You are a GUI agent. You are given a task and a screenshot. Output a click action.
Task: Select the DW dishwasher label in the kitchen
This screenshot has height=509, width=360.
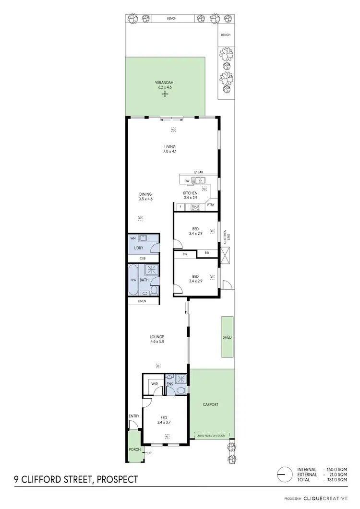[x=186, y=181]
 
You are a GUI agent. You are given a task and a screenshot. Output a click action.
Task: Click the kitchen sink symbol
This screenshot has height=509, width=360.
[x=198, y=180]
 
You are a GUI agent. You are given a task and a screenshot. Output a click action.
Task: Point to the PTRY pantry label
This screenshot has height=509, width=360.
[x=211, y=205]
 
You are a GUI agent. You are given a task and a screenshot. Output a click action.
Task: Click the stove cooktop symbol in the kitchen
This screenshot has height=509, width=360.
[x=196, y=207]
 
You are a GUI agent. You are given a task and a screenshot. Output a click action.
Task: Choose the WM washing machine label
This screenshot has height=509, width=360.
[x=133, y=238]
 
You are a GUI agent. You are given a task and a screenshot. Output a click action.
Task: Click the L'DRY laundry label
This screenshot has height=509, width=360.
[x=138, y=248]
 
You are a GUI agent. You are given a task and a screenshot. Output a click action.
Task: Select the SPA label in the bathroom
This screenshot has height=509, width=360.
[x=133, y=280]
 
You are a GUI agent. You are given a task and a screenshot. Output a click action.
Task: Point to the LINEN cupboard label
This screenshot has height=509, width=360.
[x=142, y=301]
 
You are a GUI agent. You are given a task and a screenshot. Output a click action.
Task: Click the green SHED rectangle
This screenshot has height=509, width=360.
[x=228, y=337]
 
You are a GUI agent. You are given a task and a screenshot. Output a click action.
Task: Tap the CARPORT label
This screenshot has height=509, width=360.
[x=211, y=404]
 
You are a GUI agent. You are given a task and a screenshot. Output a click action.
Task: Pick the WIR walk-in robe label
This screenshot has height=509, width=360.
[x=155, y=384]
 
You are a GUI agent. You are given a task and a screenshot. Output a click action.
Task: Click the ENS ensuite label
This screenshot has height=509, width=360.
[x=169, y=384]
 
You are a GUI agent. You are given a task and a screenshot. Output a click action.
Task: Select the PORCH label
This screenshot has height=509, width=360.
[x=134, y=450]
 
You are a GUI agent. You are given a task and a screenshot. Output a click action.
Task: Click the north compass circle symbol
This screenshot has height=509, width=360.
[x=285, y=474]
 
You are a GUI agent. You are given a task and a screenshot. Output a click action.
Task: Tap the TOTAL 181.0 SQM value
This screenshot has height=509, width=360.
[x=336, y=480]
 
